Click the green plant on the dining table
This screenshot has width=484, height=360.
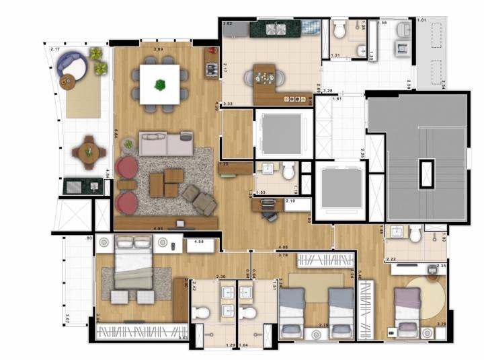(x=161, y=85)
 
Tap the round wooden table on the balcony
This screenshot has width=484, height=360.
(x=87, y=153)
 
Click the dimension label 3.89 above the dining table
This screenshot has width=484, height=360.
(x=159, y=50)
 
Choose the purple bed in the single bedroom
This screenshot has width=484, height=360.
(x=407, y=310)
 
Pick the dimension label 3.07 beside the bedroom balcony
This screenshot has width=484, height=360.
(x=69, y=319)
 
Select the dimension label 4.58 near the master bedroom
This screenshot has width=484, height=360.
(x=198, y=241)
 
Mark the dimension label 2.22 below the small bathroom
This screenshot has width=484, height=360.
(x=391, y=260)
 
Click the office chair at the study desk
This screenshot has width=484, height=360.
(x=272, y=215)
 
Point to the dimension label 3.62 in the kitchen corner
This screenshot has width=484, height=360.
(x=228, y=24)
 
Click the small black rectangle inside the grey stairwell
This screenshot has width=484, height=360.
(x=426, y=174)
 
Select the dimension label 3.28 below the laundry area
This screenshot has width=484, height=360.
(x=327, y=91)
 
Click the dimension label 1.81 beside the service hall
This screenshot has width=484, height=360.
(x=337, y=100)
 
